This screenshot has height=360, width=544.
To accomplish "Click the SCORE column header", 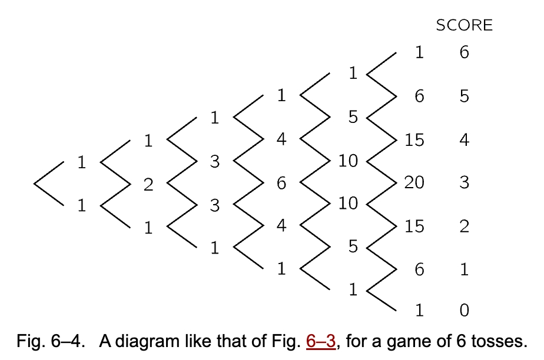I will coord(464,25).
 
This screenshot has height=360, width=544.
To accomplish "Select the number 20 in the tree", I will coord(414,183).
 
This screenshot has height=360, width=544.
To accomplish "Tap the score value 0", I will coord(464,310).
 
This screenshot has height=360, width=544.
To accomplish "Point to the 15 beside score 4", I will coord(414,140).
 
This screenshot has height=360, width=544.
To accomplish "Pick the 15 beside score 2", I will coord(414,226).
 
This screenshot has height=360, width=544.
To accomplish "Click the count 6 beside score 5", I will coord(419,96).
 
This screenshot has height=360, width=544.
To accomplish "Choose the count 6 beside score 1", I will coord(419,269).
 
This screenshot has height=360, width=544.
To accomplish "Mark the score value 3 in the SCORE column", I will coord(464,183).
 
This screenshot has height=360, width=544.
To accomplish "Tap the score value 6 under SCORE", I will coord(464,53).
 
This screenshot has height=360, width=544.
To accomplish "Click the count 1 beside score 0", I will coord(419,310).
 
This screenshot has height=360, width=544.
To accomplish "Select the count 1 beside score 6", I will coord(419,53).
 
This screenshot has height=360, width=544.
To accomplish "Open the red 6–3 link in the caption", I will coord(321,341).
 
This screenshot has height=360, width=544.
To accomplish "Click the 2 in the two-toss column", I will coord(148,185).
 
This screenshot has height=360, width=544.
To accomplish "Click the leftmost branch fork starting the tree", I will coord(47,183).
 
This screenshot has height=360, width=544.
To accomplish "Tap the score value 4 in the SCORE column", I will coord(464,140).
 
